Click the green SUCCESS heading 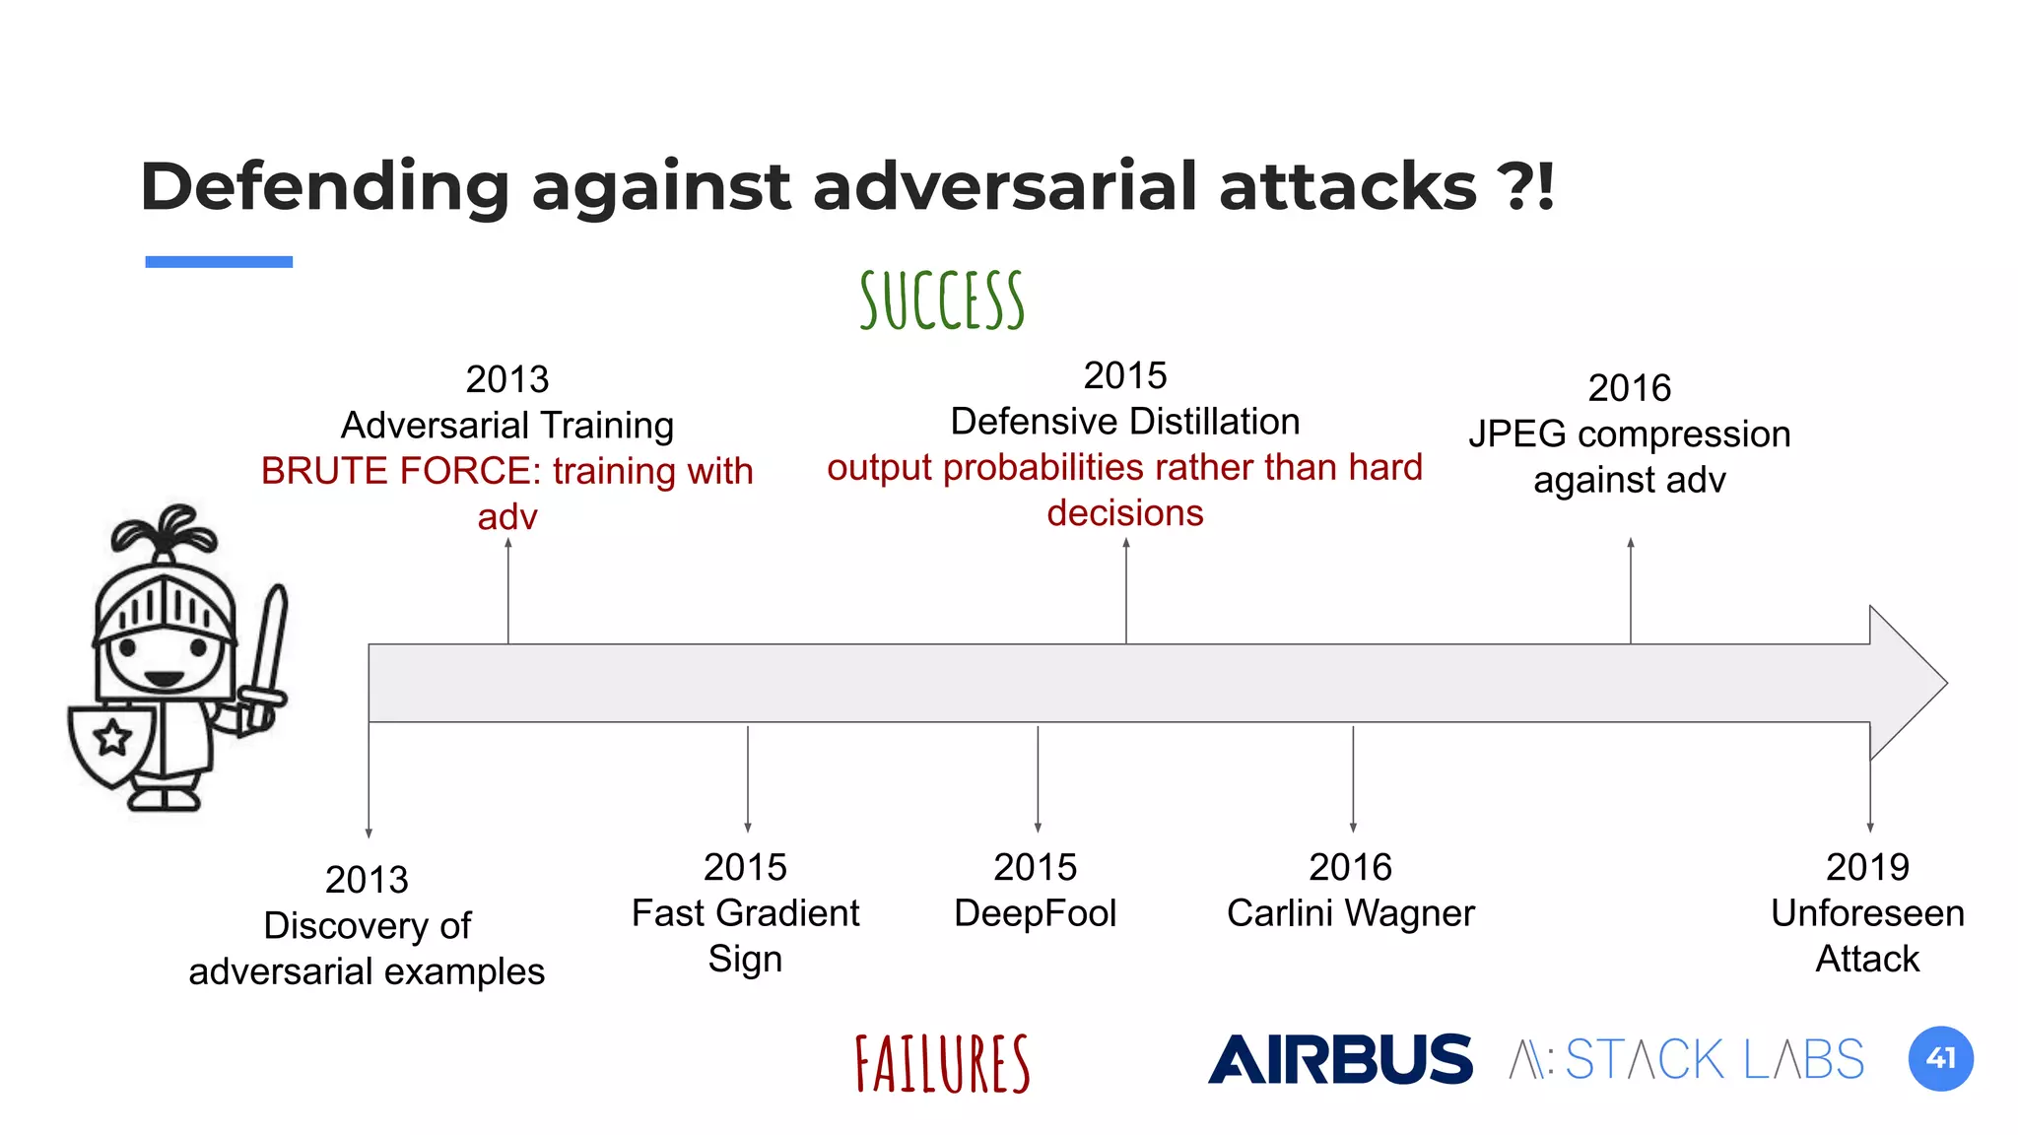(x=942, y=300)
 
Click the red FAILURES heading (x=942, y=1064)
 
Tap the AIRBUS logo (x=1340, y=1059)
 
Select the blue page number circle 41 (x=1940, y=1059)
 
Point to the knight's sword (x=267, y=650)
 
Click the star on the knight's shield (x=112, y=737)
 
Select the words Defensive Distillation (x=1124, y=422)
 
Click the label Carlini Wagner (x=1350, y=913)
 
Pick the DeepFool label (x=1035, y=913)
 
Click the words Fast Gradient (x=745, y=913)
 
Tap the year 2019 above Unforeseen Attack (x=1867, y=867)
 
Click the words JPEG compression (x=1629, y=434)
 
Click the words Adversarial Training (x=506, y=426)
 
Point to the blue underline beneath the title (x=219, y=262)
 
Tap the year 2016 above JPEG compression (x=1629, y=388)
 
